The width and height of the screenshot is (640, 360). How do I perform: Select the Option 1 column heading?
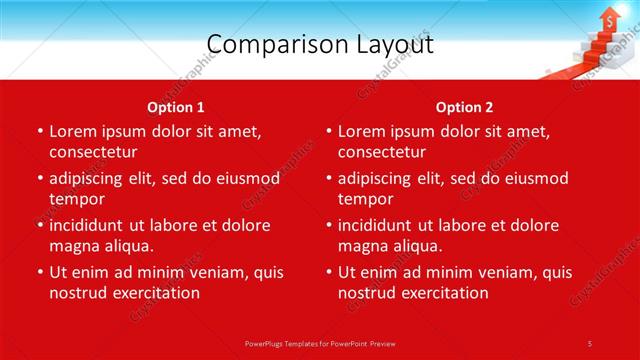pyautogui.click(x=176, y=107)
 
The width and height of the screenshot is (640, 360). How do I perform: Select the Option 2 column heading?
pyautogui.click(x=464, y=107)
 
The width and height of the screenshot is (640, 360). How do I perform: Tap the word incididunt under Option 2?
pyautogui.click(x=382, y=225)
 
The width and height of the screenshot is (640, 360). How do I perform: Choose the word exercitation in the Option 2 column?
pyautogui.click(x=444, y=293)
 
